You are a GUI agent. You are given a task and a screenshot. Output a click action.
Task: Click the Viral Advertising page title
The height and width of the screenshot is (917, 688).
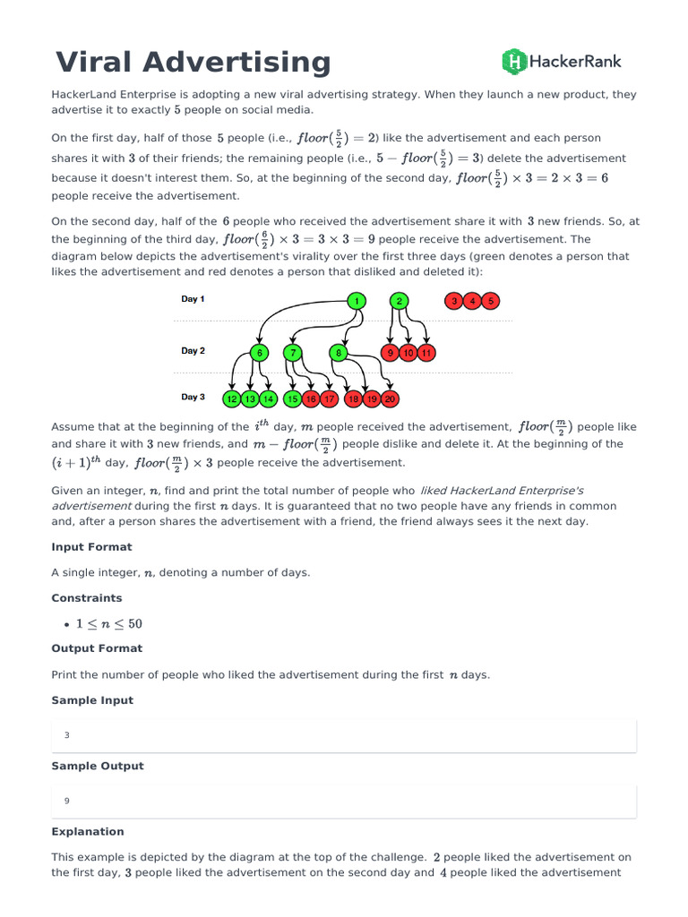pos(193,63)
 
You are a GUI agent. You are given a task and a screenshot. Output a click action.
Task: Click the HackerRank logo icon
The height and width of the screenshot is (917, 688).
pos(514,62)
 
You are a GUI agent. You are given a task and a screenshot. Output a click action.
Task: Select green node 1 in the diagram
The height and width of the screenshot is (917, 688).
pos(357,302)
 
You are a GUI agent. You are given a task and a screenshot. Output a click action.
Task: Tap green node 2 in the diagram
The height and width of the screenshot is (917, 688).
pos(399,302)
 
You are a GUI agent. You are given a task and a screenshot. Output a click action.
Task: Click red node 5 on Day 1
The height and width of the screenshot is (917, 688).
pos(490,302)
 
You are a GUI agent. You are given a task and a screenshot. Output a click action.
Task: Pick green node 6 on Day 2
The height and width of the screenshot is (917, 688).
pos(260,353)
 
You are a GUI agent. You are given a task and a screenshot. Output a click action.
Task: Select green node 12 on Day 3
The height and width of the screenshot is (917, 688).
pos(232,399)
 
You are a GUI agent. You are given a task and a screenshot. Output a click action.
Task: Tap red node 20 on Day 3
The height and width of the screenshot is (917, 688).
pos(391,399)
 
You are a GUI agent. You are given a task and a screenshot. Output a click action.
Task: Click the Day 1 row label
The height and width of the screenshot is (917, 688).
pos(193,299)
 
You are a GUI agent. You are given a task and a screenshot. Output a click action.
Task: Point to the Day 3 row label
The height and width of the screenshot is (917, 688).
pos(193,397)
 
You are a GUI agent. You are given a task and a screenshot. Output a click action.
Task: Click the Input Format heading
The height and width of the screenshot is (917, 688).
pos(91,547)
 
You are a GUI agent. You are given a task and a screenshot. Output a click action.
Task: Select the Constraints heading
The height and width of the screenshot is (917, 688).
pos(87,598)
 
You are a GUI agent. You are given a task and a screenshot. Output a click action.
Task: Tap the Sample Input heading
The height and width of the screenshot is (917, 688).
pos(92,700)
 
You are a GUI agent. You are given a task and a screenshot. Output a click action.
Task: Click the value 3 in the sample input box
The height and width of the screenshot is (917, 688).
pos(67,735)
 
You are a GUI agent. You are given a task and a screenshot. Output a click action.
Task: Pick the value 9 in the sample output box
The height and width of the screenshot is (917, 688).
pos(67,801)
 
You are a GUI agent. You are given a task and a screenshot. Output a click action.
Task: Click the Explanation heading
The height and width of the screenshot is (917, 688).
pos(88,832)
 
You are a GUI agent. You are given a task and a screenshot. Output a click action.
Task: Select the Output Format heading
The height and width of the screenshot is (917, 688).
pos(97,648)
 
